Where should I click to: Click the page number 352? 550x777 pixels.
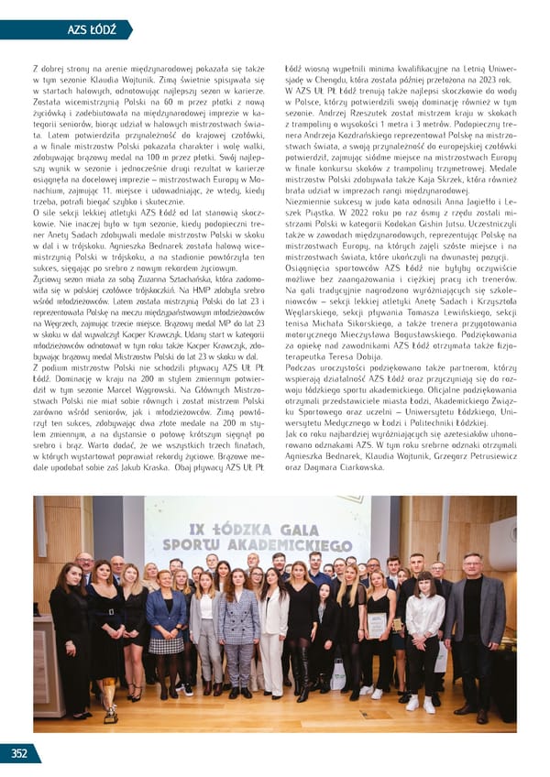pos(18,754)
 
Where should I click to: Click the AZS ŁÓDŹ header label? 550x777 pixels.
pos(92,30)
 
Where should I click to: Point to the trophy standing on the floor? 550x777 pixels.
pos(111,706)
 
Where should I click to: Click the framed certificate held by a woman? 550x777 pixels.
pos(377,626)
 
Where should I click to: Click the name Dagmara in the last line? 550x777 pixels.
pos(322,467)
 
